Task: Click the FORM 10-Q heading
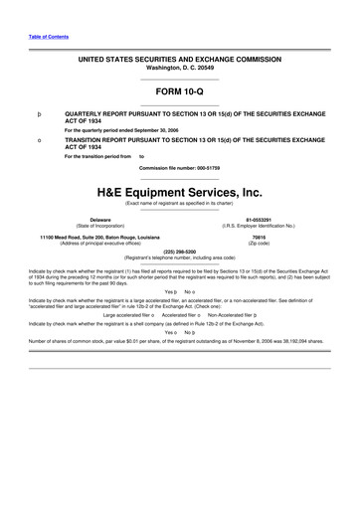179,91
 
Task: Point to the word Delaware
100,219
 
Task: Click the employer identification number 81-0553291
260,219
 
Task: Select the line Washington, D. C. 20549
179,68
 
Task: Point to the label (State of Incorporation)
100,226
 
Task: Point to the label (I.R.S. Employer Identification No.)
260,226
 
